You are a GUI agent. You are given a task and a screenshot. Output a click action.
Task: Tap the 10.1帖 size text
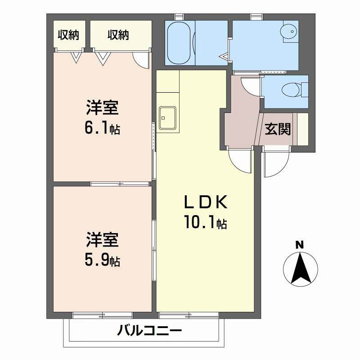pyautogui.click(x=205, y=222)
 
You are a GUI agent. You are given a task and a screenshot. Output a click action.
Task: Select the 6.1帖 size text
pyautogui.click(x=103, y=129)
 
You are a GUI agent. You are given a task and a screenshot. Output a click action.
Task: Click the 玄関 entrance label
pyautogui.click(x=277, y=129)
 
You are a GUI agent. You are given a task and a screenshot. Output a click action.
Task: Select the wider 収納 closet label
pyautogui.click(x=118, y=35)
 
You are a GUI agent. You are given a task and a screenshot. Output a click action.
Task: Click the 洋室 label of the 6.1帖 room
pyautogui.click(x=103, y=109)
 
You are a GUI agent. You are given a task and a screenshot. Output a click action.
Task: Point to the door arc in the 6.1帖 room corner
pyautogui.click(x=142, y=61)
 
